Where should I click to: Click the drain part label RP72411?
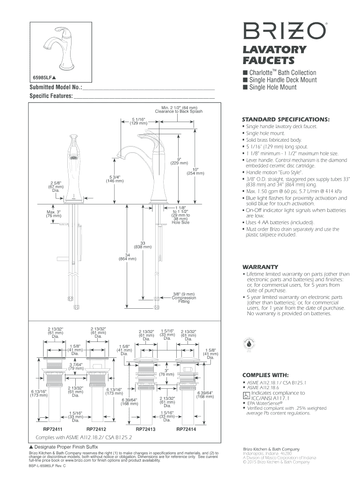(53, 428)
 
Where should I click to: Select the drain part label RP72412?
(96, 428)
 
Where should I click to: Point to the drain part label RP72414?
(186, 428)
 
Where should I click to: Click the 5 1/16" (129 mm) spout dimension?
(139, 121)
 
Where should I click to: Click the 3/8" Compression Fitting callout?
(184, 298)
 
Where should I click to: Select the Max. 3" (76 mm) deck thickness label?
(53, 214)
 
